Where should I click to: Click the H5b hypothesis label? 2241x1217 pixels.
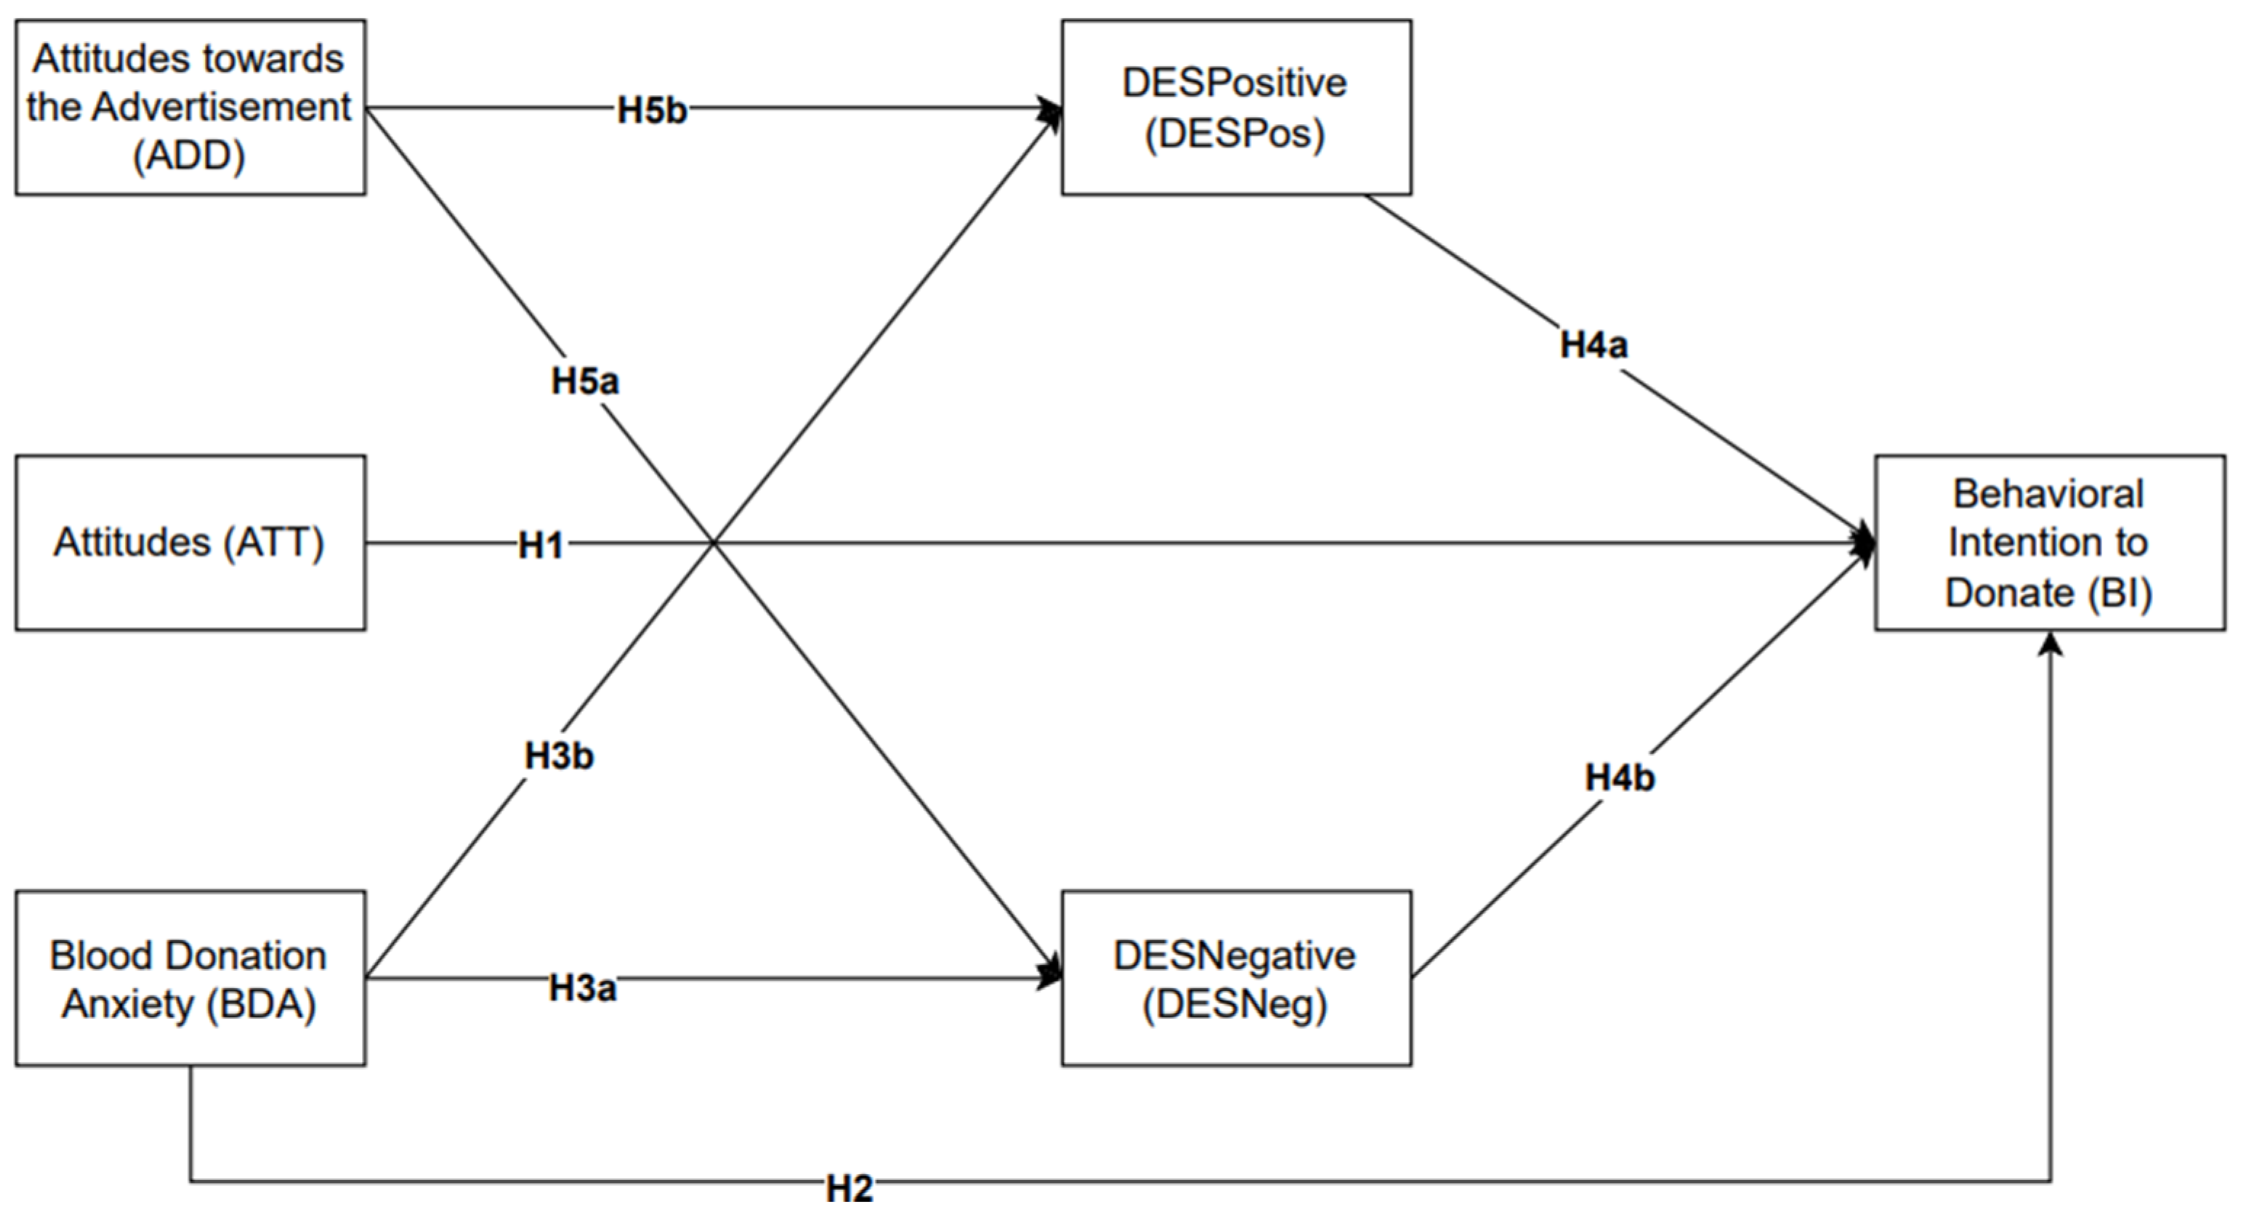pyautogui.click(x=652, y=110)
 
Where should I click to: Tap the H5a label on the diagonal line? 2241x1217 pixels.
pyautogui.click(x=585, y=381)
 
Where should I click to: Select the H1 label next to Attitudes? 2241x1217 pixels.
pyautogui.click(x=540, y=546)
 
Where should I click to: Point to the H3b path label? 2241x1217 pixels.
pyautogui.click(x=559, y=756)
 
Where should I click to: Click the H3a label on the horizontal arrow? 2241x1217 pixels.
pyautogui.click(x=582, y=988)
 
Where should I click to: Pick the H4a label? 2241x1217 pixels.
pyautogui.click(x=1593, y=345)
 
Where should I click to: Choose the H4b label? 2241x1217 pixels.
pyautogui.click(x=1619, y=777)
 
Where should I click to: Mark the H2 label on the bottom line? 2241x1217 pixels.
pyautogui.click(x=849, y=1188)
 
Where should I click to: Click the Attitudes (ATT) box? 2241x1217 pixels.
pyautogui.click(x=190, y=543)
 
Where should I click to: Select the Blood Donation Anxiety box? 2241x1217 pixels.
pyautogui.click(x=190, y=978)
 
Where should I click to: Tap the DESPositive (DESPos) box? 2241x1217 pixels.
pyautogui.click(x=1235, y=107)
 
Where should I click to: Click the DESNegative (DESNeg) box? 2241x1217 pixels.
pyautogui.click(x=1235, y=978)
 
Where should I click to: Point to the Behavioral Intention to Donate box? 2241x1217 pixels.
pyautogui.click(x=2048, y=543)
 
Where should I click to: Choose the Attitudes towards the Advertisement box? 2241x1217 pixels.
pyautogui.click(x=190, y=107)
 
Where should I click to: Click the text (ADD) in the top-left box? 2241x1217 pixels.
pyautogui.click(x=189, y=155)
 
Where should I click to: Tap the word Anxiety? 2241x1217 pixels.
pyautogui.click(x=129, y=1004)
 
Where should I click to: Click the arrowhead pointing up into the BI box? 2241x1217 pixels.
pyautogui.click(x=2051, y=644)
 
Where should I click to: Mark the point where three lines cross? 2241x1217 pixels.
pyautogui.click(x=714, y=543)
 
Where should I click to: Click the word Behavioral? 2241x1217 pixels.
pyautogui.click(x=2048, y=494)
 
